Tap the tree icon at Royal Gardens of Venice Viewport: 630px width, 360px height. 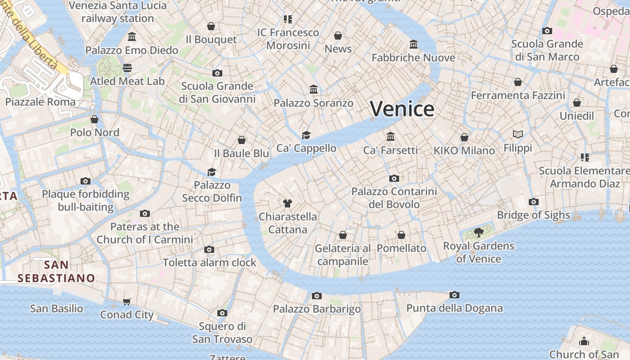coord(478,233)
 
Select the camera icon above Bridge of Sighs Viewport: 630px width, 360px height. coord(534,202)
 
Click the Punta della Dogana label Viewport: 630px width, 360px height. coord(454,308)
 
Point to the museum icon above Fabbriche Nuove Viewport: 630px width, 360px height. coord(414,45)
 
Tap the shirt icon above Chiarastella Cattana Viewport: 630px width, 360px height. coord(288,203)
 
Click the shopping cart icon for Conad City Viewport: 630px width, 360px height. coord(127,301)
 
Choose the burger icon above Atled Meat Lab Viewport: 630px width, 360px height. coord(127,68)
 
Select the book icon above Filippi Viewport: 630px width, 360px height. coord(518,134)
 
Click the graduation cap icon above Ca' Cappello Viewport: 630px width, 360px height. coord(306,135)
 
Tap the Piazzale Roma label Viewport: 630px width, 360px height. coord(40,102)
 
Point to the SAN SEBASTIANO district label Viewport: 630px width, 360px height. coord(56,271)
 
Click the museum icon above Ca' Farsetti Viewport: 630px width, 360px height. coord(391,136)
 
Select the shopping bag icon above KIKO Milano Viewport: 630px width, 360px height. coord(464,137)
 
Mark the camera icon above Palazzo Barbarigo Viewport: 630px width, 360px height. coord(317,296)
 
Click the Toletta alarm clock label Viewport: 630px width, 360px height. coord(209,262)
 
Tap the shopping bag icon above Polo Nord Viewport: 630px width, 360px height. coord(94,119)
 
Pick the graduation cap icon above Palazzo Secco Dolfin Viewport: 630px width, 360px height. coord(211,171)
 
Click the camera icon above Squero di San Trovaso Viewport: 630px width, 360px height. coord(222,313)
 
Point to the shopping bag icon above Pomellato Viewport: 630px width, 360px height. coord(401,235)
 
